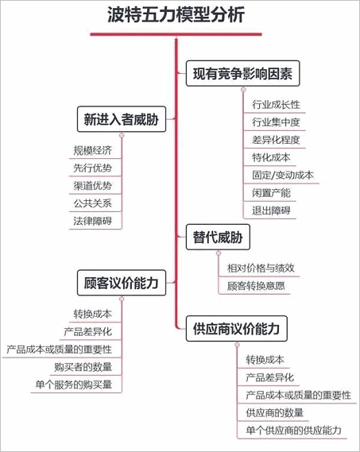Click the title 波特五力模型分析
pos(176,14)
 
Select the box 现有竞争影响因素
pos(243,74)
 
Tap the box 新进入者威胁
pos(122,119)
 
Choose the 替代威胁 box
pos(218,238)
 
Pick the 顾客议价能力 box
pos(122,283)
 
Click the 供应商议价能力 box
pos(237,329)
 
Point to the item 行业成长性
pos(276,105)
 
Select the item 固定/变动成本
pos(283,175)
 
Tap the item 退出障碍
pos(271,211)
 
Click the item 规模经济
pos(93,150)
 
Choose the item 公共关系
pos(93,203)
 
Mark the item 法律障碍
pos(93,221)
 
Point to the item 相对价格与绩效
pos(261,268)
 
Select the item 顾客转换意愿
pos(256,286)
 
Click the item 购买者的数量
pos(83,367)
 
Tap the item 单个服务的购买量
pos(74,384)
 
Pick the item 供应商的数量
pos(275,413)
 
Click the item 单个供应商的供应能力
pos(294,431)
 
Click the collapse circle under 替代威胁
pos(219,253)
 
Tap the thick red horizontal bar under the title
pos(176,34)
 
